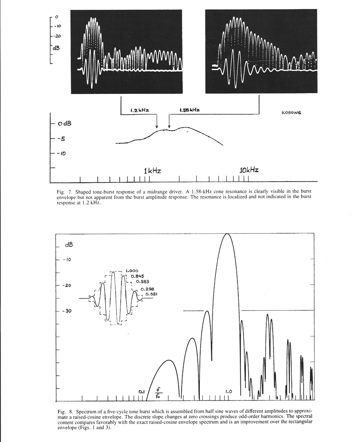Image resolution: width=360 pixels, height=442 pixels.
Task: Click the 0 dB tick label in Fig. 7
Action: click(64, 124)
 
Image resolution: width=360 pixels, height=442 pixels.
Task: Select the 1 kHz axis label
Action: click(152, 170)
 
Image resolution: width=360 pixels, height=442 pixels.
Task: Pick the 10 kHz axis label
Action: click(249, 170)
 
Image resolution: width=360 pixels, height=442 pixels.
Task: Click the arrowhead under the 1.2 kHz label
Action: click(157, 127)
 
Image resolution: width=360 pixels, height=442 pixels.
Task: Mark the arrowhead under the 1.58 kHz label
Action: click(169, 127)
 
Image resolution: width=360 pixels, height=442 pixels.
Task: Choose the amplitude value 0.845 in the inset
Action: click(138, 276)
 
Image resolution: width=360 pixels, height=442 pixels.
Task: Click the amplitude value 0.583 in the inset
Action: click(142, 281)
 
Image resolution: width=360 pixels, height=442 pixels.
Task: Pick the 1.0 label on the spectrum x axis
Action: click(228, 391)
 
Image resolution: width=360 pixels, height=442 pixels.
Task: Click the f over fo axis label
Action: click(158, 394)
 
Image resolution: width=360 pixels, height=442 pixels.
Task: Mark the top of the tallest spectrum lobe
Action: click(228, 234)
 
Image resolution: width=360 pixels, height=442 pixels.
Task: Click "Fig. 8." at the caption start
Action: click(64, 412)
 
